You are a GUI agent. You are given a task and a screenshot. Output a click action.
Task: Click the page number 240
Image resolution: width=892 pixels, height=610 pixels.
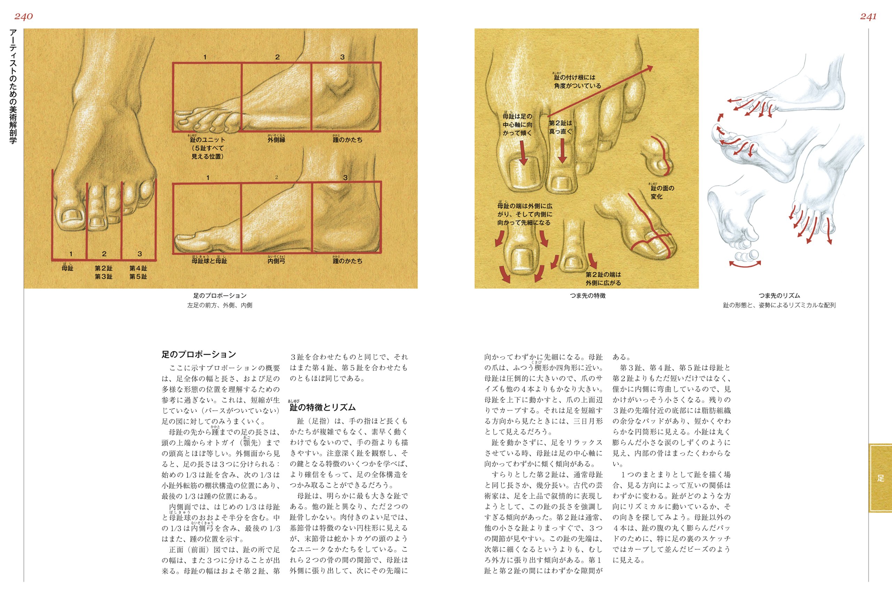(23, 16)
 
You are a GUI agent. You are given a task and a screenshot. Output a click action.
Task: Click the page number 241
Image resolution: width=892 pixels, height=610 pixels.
(868, 16)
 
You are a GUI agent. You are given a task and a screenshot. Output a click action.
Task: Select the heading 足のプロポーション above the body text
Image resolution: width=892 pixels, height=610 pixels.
(199, 354)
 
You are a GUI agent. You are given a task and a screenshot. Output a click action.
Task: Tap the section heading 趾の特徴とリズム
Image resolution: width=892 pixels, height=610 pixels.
(322, 407)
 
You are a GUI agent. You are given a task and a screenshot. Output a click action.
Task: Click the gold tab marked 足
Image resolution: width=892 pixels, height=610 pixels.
(881, 478)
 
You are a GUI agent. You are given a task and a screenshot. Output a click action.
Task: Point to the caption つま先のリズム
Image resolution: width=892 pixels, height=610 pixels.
(779, 295)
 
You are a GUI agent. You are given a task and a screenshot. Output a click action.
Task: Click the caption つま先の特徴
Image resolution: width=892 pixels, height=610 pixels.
(587, 295)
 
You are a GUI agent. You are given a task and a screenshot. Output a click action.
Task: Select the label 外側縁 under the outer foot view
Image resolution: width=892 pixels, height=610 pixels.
(276, 140)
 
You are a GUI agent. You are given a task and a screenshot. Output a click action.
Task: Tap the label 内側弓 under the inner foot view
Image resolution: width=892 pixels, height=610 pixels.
(276, 261)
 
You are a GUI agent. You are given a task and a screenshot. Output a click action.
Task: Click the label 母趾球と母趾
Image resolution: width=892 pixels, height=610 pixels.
(209, 261)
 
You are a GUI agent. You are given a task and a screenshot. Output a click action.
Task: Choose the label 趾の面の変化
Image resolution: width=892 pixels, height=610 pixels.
(662, 192)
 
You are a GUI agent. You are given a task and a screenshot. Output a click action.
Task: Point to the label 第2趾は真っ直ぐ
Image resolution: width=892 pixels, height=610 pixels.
(560, 127)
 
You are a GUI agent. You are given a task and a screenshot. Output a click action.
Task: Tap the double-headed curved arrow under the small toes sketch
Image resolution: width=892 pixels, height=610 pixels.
(745, 264)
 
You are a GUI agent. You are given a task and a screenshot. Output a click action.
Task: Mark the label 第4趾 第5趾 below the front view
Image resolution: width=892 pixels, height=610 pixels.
(138, 272)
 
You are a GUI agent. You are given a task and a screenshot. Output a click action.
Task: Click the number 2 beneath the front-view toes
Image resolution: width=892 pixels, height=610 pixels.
(104, 254)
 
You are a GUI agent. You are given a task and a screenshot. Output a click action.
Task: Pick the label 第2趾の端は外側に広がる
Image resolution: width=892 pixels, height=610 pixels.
(603, 279)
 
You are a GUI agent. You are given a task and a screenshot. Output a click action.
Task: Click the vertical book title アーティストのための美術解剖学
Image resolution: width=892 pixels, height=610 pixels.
(13, 86)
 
